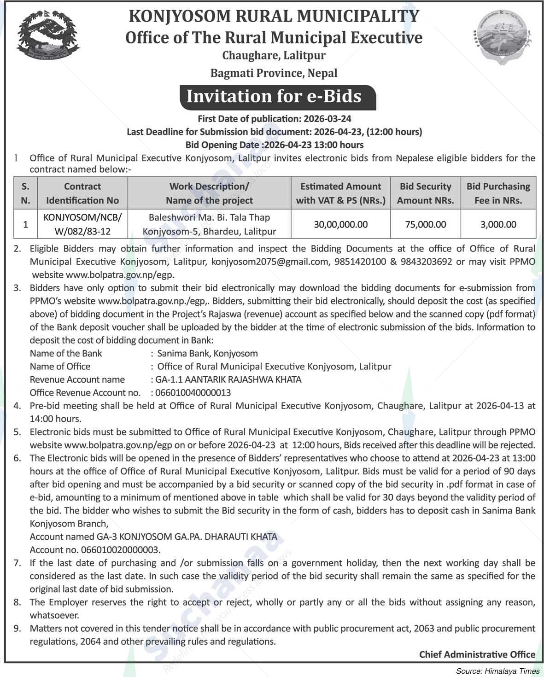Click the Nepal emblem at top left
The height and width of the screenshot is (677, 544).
pos(48,36)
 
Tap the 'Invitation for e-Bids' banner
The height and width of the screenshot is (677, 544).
pos(274,96)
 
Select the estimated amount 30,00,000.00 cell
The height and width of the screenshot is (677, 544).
pos(340,224)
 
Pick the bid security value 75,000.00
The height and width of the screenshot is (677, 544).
pos(425,224)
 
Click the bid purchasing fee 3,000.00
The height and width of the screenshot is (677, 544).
pos(498,224)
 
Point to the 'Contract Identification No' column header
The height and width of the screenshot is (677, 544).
pos(82,193)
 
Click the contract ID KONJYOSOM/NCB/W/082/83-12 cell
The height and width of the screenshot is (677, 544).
pos(82,224)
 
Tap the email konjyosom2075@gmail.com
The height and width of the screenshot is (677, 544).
pos(263,262)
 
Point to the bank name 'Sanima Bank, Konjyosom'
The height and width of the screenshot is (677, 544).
pos(207,353)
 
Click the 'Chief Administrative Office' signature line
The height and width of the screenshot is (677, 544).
pos(477,654)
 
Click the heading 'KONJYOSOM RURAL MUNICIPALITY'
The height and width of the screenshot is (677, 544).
pos(274,16)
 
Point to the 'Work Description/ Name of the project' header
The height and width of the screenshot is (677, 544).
pos(209,193)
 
